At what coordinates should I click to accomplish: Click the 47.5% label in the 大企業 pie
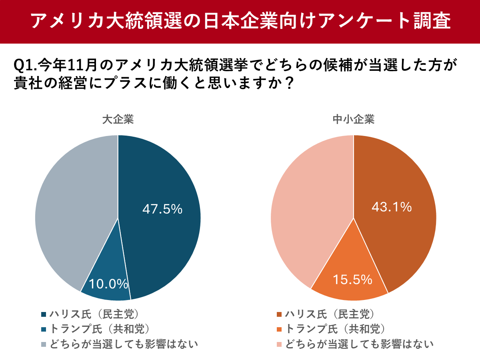(162, 209)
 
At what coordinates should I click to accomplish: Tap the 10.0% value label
(108, 284)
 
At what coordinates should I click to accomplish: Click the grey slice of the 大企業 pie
(72, 208)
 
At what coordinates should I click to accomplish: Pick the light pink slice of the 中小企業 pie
(308, 208)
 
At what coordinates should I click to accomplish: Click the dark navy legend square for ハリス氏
(44, 314)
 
